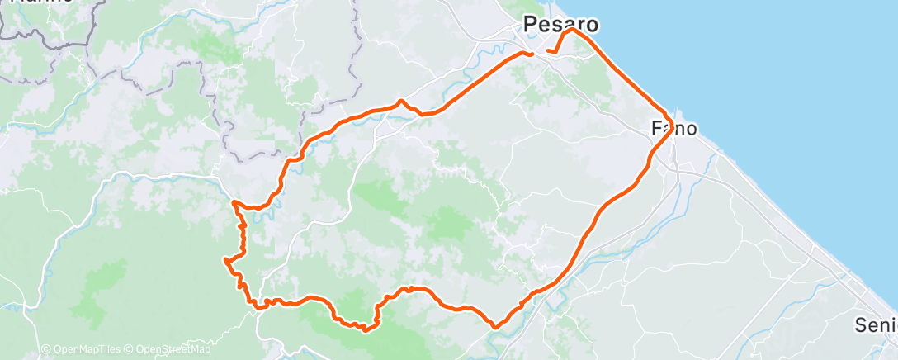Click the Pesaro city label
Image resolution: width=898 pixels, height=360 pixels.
tap(560, 24)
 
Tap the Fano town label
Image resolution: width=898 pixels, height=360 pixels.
tap(674, 129)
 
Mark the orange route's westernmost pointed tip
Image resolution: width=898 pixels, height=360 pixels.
tap(224, 260)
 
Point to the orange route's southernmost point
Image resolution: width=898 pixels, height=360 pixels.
tap(364, 330)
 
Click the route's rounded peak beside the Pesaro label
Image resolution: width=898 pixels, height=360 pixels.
tap(570, 31)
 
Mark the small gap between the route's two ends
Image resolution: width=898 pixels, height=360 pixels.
tap(540, 54)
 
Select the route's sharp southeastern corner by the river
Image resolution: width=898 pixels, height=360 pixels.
tap(494, 326)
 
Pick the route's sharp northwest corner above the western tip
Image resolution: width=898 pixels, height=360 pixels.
tap(234, 201)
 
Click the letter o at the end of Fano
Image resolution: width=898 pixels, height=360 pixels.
tap(692, 129)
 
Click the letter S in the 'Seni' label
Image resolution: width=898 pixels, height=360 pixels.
tap(862, 323)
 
